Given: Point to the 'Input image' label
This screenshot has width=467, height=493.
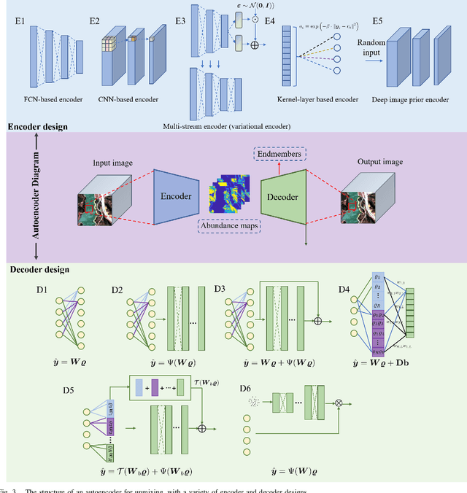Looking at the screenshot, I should point(112,163).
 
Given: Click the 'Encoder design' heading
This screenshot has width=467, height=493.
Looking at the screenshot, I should point(37,127).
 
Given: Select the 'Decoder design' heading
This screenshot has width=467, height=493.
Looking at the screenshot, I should point(39,270).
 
